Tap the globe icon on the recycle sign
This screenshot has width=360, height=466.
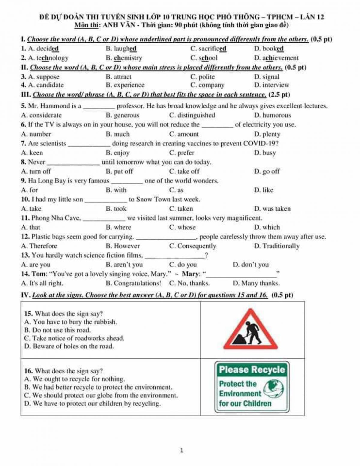tap(275, 389)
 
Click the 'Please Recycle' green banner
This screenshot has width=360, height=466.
tap(252, 370)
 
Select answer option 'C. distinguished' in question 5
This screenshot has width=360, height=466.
tap(192, 115)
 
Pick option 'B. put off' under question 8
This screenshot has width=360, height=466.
tap(119, 171)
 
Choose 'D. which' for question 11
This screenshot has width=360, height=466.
tap(267, 227)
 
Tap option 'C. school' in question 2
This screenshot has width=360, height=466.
tap(204, 58)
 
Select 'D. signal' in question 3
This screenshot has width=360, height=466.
tap(266, 77)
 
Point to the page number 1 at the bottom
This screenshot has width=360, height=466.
tap(181, 450)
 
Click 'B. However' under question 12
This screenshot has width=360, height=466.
tap(123, 246)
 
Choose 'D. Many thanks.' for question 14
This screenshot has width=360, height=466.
tap(256, 283)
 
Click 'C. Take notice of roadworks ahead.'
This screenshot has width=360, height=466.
tap(74, 338)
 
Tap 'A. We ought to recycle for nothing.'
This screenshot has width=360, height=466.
tap(74, 379)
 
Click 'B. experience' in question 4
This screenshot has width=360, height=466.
tap(125, 85)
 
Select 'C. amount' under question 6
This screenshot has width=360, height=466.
tap(184, 134)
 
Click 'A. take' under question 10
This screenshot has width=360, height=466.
tap(31, 209)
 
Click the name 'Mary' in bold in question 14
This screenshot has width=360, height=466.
tap(191, 274)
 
